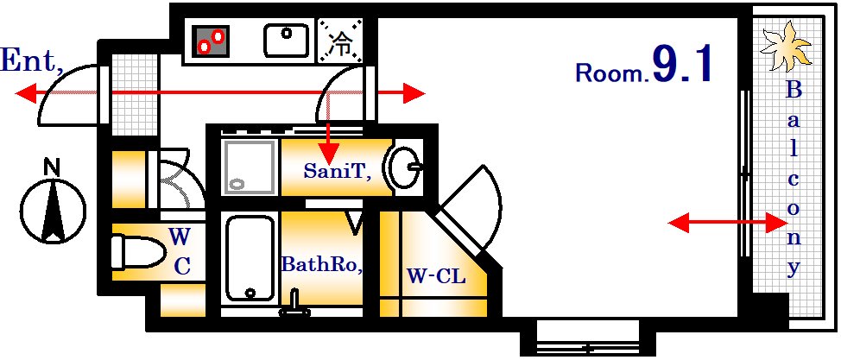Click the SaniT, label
coord(337,172)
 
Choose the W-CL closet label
coord(436,277)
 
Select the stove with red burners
coord(212,41)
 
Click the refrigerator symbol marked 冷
coord(342,41)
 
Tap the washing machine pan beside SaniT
coord(249,165)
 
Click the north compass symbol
coord(54,210)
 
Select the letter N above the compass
coord(53,167)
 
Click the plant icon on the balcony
coord(786,50)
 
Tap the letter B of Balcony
coord(794,90)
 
